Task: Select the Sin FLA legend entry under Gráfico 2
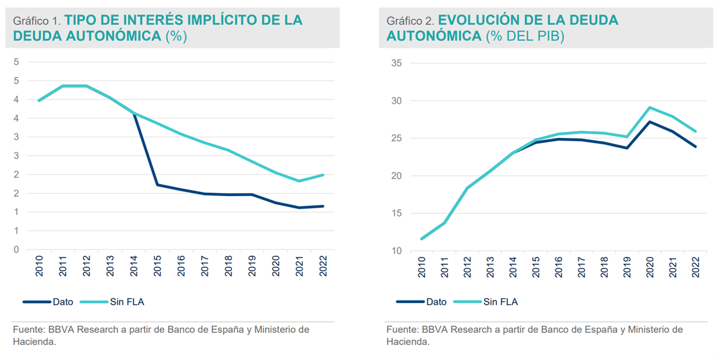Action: (x=500, y=302)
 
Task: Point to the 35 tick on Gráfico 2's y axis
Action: (x=397, y=63)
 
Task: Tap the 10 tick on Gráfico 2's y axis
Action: (x=397, y=251)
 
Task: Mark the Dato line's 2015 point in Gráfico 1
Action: (x=156, y=185)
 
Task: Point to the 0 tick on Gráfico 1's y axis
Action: (x=16, y=250)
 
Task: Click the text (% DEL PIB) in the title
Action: (x=525, y=36)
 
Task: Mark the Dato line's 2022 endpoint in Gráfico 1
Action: (x=323, y=206)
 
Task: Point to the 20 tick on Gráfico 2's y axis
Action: (x=397, y=176)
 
